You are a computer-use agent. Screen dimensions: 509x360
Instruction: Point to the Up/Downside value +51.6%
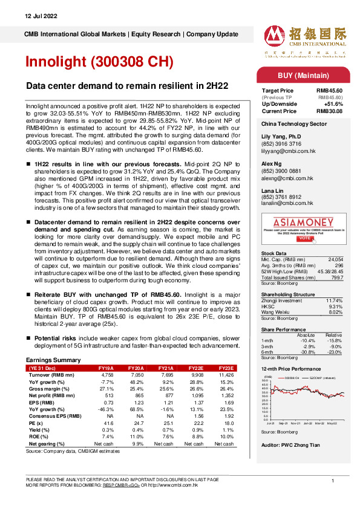point(333,103)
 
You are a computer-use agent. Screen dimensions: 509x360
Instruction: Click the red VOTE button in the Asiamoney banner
point(304,238)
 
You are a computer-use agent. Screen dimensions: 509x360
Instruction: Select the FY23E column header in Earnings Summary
point(225,368)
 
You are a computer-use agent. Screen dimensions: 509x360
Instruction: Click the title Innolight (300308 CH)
point(99,62)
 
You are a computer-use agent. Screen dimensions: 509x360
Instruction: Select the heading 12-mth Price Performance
point(290,368)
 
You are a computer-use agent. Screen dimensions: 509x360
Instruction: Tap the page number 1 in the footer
point(333,480)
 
